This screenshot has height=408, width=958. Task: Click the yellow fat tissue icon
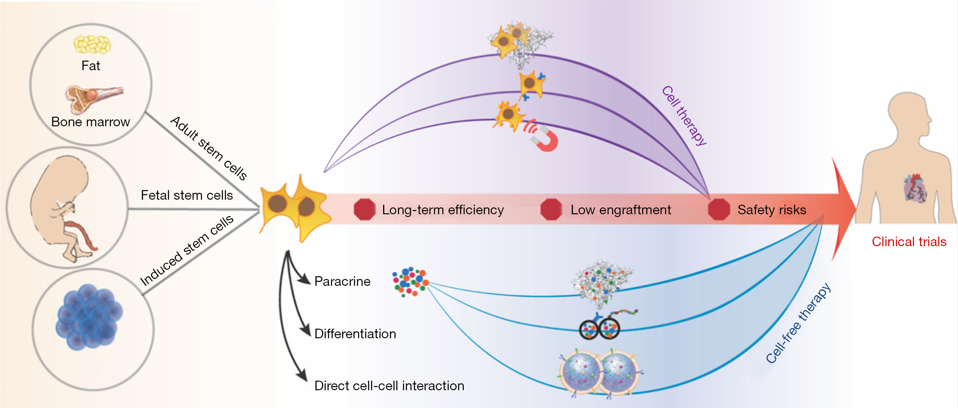click(92, 45)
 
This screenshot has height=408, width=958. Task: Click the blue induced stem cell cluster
click(89, 317)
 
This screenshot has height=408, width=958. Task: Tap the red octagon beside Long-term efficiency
click(364, 210)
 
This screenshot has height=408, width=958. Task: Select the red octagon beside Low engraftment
click(551, 210)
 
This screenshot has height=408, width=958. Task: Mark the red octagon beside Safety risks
click(719, 210)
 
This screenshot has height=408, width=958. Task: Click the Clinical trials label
click(909, 242)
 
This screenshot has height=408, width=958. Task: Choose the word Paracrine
click(343, 281)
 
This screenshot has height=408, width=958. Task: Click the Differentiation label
click(355, 334)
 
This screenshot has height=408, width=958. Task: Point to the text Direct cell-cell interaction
click(389, 386)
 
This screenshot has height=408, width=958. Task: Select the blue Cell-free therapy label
click(798, 323)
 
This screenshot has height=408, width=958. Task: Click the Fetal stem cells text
click(187, 195)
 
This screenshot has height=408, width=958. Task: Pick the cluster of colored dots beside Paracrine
click(410, 282)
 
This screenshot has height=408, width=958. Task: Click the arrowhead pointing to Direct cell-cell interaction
click(302, 376)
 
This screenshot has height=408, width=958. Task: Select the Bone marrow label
click(91, 122)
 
